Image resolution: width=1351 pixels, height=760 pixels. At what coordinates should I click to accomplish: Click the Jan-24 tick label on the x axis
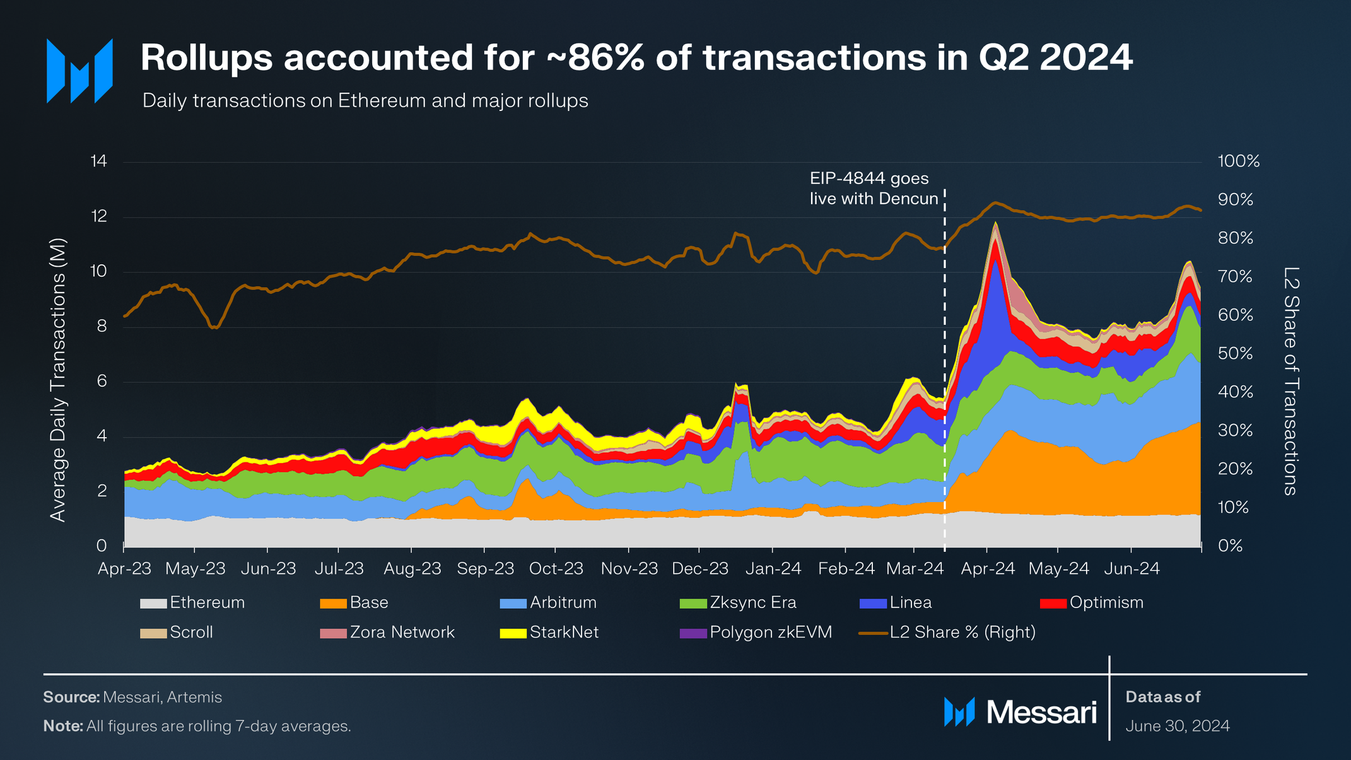coord(773,569)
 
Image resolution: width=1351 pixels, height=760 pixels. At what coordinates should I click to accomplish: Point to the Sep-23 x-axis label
coord(485,569)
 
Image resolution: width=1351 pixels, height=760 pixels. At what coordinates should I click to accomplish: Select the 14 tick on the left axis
coord(99,161)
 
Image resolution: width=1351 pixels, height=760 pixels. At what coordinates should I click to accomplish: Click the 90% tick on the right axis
coord(1235,200)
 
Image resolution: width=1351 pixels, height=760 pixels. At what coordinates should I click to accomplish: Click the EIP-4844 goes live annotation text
coord(874,189)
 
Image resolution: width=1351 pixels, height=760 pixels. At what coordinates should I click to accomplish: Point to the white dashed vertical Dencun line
coord(944,378)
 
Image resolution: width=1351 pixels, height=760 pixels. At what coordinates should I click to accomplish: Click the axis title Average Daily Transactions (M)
coord(58,380)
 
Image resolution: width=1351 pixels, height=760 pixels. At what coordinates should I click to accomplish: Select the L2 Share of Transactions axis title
coord(1290,381)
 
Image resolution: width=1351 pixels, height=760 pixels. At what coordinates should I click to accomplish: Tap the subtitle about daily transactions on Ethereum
coord(365,101)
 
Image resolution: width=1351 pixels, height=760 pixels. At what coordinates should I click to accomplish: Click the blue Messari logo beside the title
coord(80,71)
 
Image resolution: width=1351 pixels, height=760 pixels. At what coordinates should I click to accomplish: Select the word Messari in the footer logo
coord(1041,713)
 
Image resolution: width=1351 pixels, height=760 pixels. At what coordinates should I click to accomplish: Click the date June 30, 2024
coord(1177,726)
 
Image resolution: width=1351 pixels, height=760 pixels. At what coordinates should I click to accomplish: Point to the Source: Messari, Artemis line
coord(132,697)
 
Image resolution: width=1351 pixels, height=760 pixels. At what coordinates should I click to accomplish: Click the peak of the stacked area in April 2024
coord(995,223)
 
